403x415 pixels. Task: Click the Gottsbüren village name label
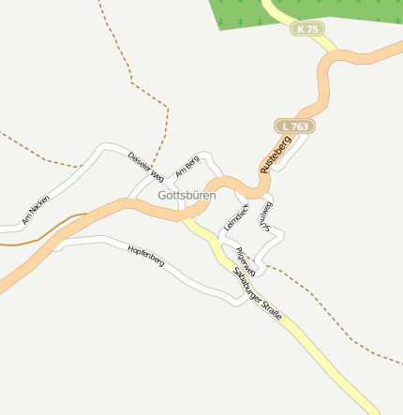coord(187,196)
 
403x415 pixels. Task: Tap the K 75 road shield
coord(306,29)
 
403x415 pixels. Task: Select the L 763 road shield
coord(294,125)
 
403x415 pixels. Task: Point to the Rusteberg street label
coord(276,154)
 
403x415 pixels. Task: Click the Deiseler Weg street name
coord(146,166)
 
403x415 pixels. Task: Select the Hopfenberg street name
coord(146,255)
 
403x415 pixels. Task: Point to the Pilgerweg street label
coord(245,260)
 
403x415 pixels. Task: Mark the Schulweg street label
coord(267,215)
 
